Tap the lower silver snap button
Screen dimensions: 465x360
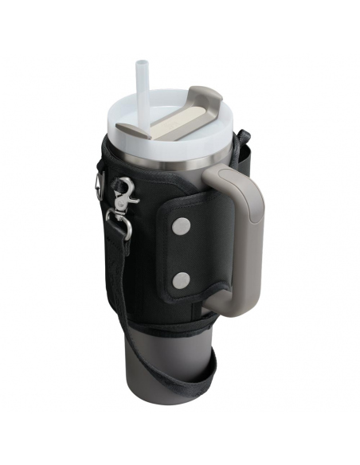coord(183,279)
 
